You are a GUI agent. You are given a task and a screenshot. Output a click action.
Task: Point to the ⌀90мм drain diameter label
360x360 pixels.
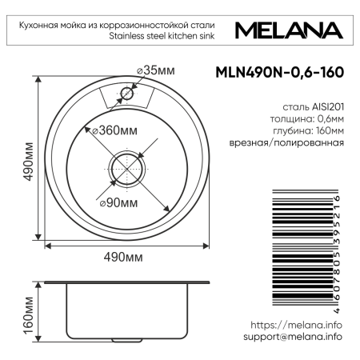pos(121,202)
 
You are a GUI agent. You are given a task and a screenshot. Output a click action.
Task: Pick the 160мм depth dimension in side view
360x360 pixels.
pos(29,315)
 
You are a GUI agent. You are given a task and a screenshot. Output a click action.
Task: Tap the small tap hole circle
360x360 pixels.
pos(126,94)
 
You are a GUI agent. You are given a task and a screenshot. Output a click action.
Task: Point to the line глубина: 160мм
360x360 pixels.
pos(309,130)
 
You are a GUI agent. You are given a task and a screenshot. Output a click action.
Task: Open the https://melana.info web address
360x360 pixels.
pos(296,325)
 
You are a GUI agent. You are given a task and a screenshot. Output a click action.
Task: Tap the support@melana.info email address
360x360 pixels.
pos(292,337)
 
